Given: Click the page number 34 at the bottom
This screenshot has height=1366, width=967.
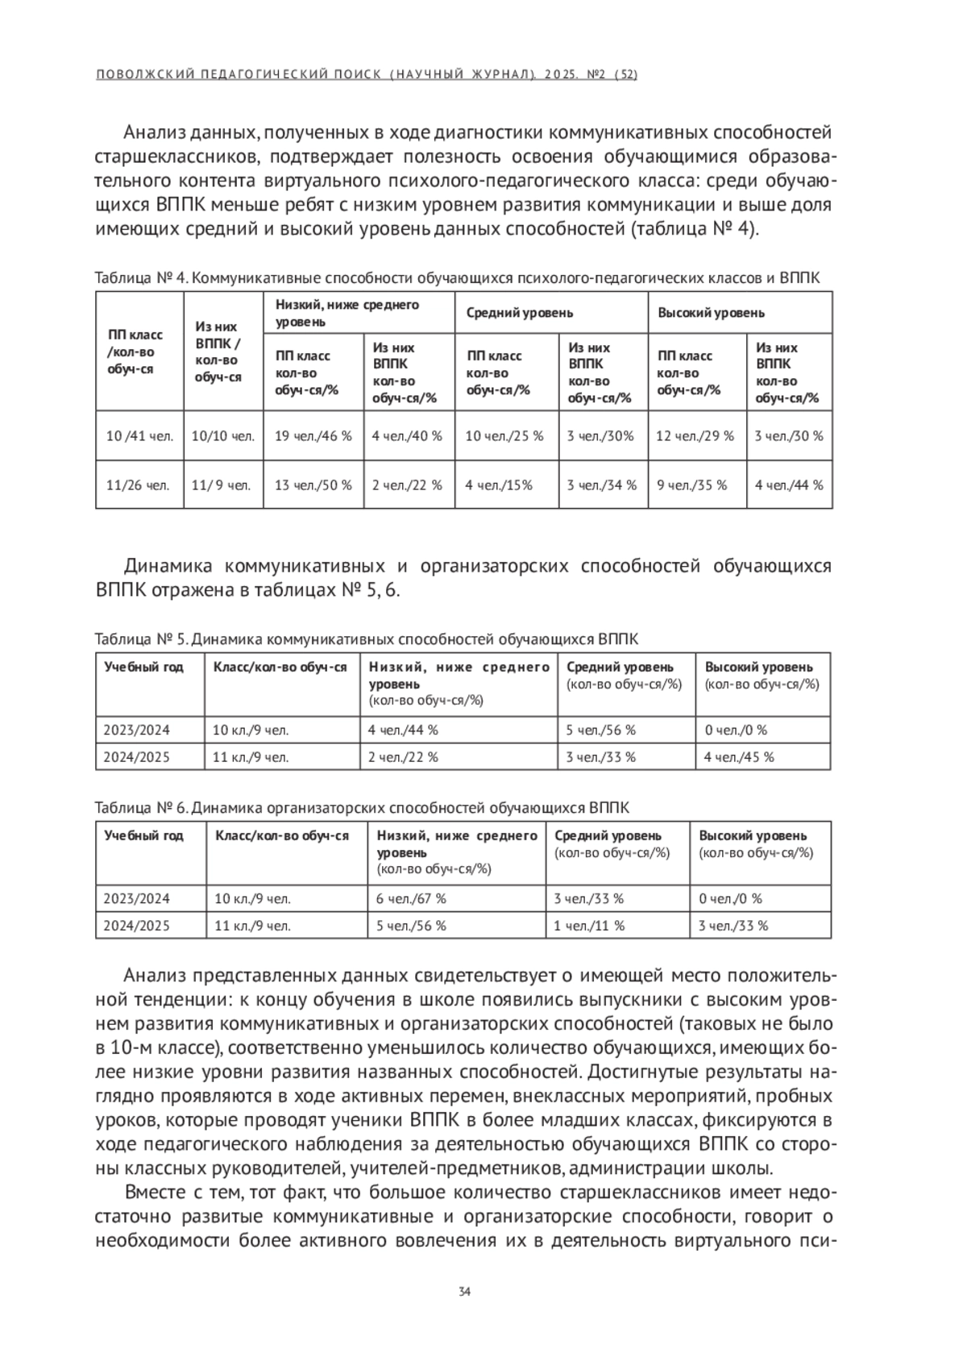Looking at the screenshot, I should click(x=464, y=1292).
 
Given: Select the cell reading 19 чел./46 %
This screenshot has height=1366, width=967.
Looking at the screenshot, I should click(x=313, y=436).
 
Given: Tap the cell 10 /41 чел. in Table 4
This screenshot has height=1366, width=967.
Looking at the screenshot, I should click(x=139, y=436).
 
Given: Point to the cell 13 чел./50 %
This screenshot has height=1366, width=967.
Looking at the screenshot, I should click(x=313, y=485).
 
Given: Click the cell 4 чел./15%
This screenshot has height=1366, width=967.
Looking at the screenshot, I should click(x=499, y=485).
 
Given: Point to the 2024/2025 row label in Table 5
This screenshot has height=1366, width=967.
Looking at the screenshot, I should click(x=137, y=757).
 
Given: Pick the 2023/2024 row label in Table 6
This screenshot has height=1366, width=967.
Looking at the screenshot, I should click(x=137, y=898).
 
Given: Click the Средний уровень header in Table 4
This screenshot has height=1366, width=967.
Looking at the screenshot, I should click(x=520, y=313).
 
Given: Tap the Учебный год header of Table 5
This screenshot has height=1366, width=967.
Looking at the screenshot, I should click(x=143, y=667).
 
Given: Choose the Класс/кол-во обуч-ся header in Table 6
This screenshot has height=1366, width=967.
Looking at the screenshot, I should click(x=282, y=835).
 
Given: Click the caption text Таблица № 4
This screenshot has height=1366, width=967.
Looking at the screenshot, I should click(x=141, y=278).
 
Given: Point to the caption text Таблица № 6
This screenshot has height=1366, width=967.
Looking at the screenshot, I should click(x=141, y=808).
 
